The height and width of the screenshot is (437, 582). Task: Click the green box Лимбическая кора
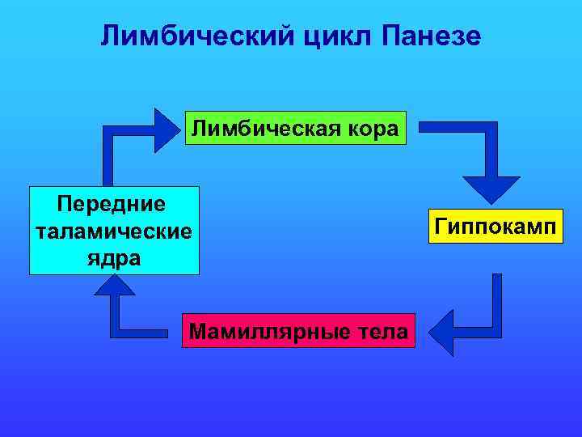coord(295,128)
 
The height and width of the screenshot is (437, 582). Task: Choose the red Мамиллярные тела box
coord(297,330)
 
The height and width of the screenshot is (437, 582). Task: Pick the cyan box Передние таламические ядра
coord(114,231)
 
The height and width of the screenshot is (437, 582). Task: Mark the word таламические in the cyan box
coord(114,231)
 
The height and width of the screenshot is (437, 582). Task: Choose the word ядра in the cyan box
coord(114,258)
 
